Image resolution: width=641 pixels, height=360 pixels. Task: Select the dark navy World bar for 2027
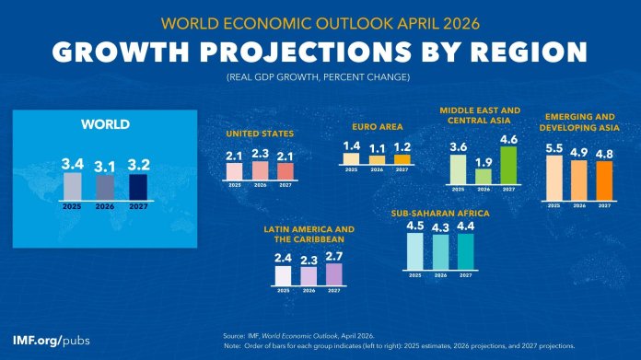(137, 188)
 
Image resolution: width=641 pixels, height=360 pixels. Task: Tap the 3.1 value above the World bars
(104, 167)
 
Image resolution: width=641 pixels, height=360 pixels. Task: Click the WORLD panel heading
(104, 123)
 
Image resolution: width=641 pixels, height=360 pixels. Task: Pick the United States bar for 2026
(261, 171)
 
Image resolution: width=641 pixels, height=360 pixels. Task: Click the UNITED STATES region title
(261, 134)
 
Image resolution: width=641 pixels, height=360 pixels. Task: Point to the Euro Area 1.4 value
(350, 145)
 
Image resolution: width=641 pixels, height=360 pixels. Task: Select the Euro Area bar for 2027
(402, 159)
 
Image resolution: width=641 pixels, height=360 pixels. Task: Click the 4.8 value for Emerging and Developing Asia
(604, 154)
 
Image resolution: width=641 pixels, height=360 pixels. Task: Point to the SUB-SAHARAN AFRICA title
(440, 214)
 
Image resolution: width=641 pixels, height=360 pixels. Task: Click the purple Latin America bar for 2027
(333, 274)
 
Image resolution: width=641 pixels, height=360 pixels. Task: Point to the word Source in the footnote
(235, 336)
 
